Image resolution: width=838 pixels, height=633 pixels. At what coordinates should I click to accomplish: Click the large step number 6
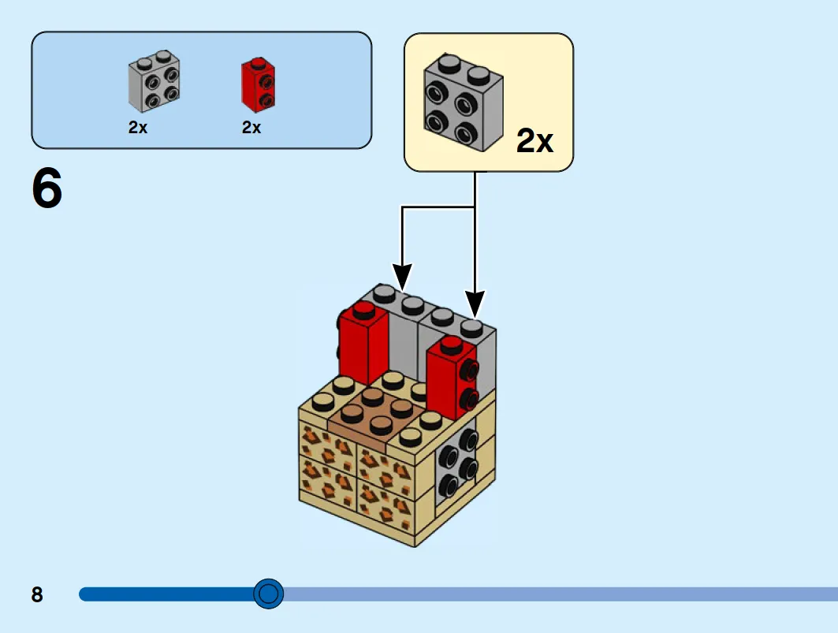tap(47, 188)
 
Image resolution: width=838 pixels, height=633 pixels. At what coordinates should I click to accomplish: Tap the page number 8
tap(37, 594)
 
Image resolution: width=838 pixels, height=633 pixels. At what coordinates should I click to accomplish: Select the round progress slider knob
tap(268, 594)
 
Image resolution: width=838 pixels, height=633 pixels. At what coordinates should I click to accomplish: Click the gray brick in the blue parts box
tap(154, 81)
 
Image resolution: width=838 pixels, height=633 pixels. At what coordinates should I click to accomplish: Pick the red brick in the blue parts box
tap(258, 85)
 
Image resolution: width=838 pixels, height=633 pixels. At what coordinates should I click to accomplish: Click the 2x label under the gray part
tap(138, 127)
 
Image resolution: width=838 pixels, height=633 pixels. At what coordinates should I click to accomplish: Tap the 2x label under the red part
tap(251, 127)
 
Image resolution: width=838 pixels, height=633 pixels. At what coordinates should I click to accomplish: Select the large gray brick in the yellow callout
tap(464, 102)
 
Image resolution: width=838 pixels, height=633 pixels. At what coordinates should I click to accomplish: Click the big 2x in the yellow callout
tap(534, 140)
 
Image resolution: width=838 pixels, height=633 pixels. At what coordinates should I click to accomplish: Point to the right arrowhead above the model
tap(475, 303)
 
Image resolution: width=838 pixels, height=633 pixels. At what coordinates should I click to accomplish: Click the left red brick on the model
tap(363, 343)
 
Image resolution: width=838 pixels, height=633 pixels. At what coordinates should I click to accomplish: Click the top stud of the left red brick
tap(363, 309)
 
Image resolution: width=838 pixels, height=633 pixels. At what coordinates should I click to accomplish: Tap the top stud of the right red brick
tap(452, 344)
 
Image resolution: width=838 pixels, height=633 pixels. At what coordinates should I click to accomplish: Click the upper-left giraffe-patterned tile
tap(327, 443)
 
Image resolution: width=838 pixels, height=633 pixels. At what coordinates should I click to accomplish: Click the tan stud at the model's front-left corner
tap(323, 402)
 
